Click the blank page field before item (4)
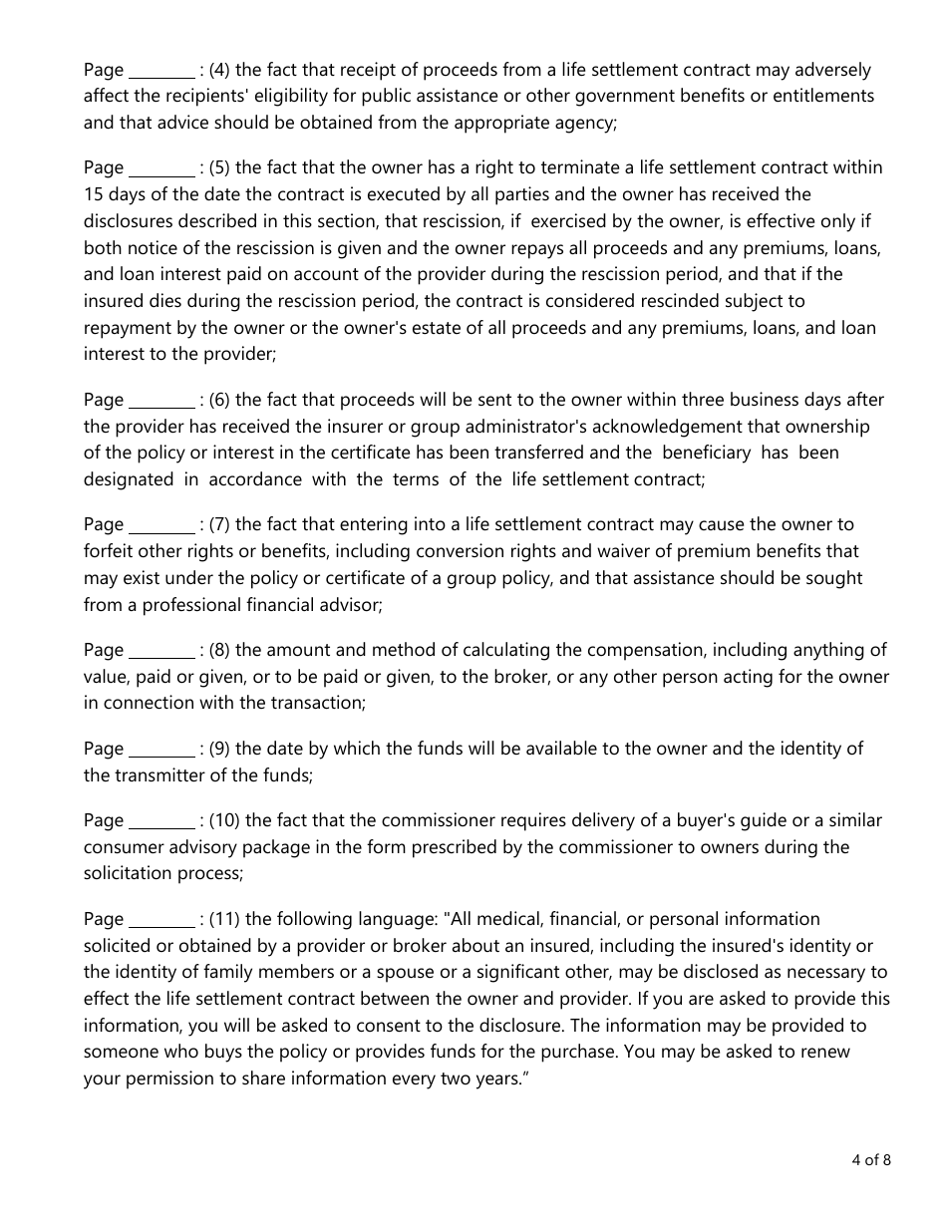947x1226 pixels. click(162, 71)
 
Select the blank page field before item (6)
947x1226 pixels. click(162, 401)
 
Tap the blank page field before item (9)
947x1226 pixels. click(162, 750)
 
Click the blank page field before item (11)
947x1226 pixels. click(162, 920)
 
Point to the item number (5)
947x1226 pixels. click(219, 167)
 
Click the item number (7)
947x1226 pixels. click(219, 524)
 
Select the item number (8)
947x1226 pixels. click(219, 650)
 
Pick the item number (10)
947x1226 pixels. click(224, 820)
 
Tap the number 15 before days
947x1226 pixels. click(94, 194)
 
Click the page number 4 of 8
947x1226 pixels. click(871, 1159)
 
